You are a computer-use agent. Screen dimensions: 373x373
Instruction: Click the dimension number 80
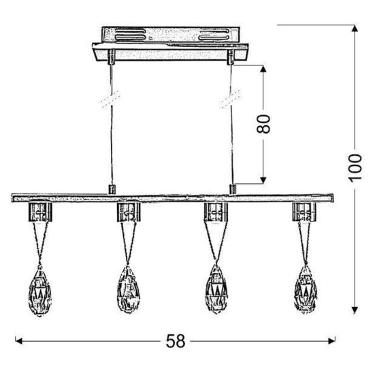tap(263, 124)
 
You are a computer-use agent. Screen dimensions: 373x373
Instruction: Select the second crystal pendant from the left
tap(128, 289)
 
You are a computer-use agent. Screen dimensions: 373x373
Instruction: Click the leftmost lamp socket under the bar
tap(40, 212)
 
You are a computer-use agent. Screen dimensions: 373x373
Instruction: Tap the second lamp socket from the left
tap(129, 212)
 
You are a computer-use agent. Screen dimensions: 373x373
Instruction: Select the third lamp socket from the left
tap(216, 212)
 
